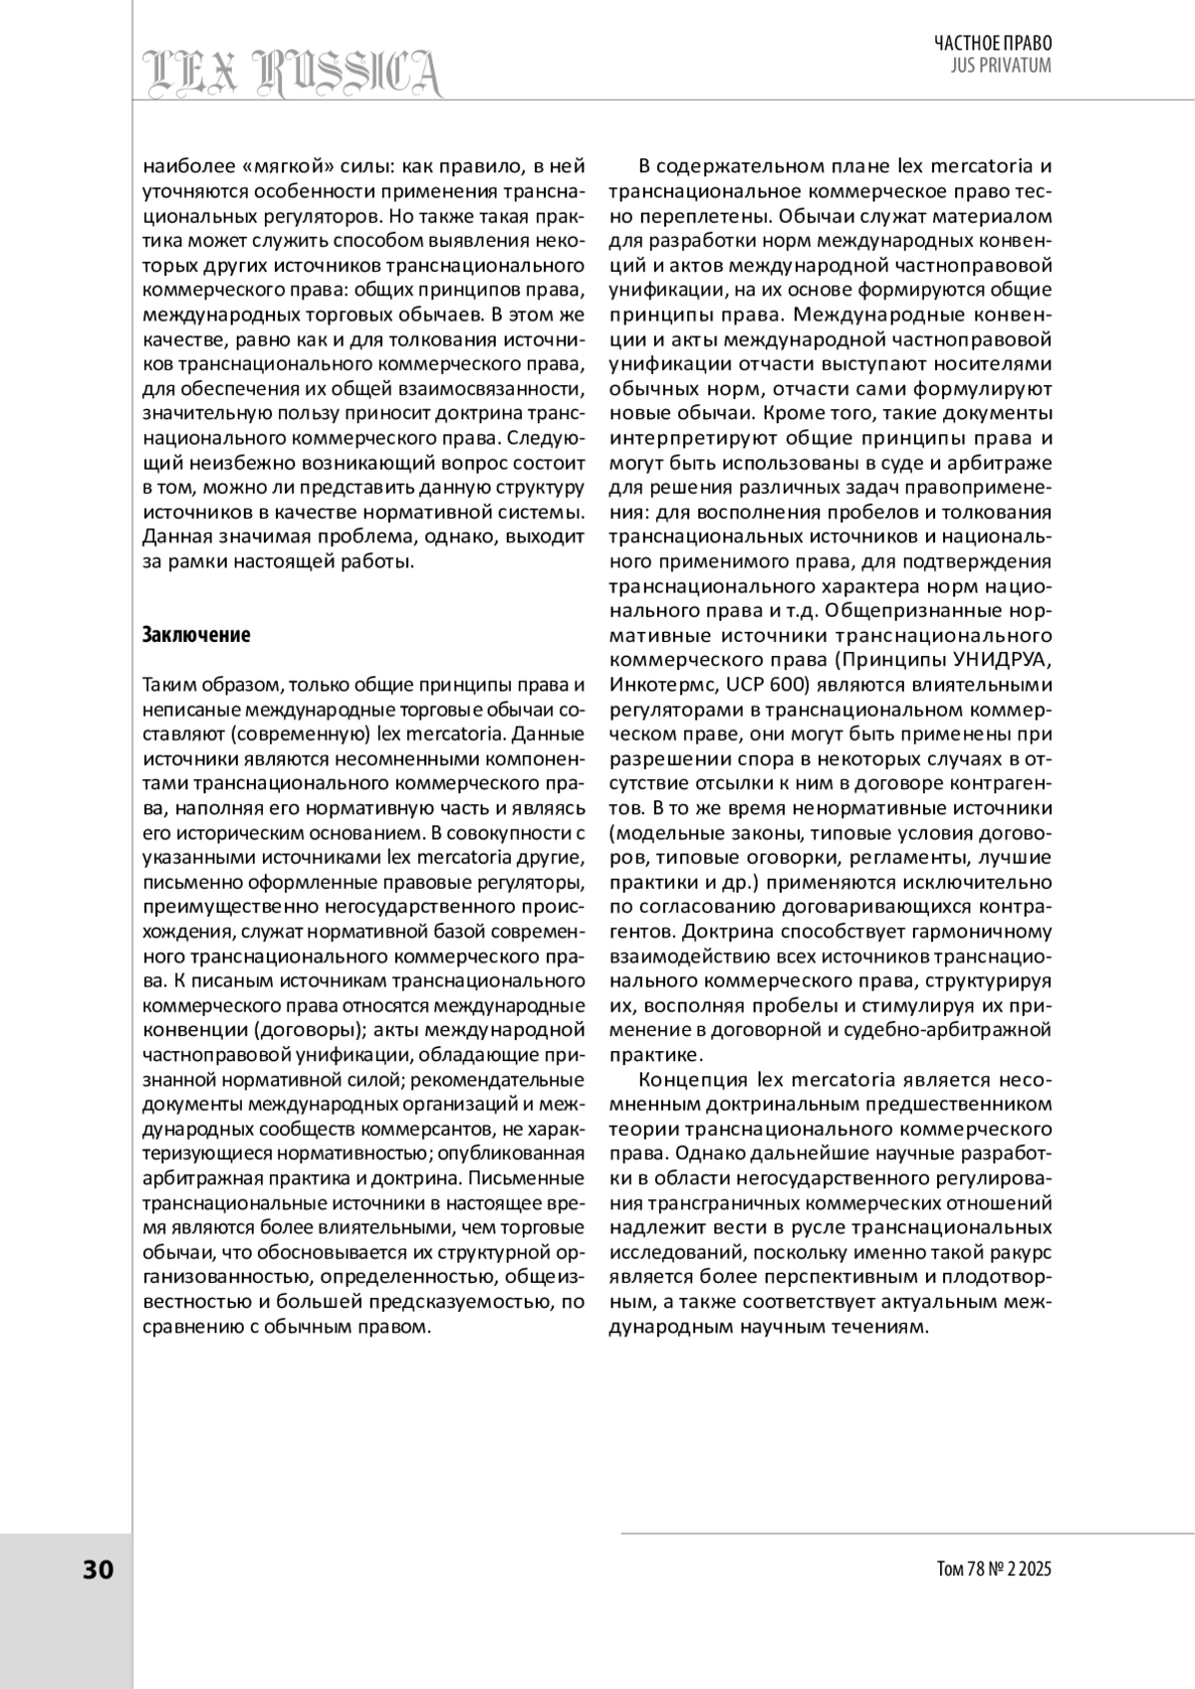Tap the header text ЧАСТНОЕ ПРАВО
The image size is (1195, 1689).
click(x=992, y=43)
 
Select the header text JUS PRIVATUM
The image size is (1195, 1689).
click(x=1002, y=66)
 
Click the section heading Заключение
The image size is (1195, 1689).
click(x=196, y=635)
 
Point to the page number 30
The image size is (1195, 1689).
click(x=98, y=1570)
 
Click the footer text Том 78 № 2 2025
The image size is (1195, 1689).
click(x=994, y=1570)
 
